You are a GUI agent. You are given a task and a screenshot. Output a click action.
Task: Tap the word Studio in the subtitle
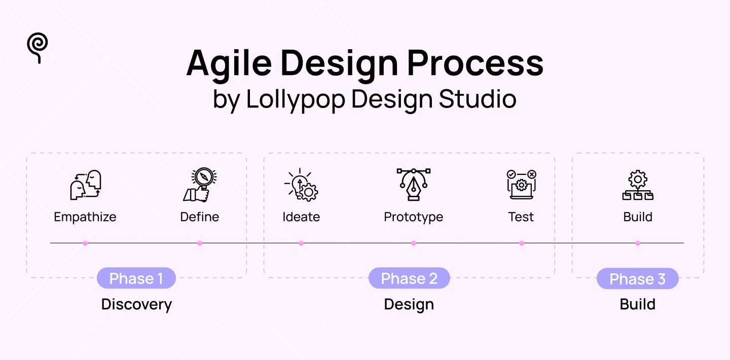(x=478, y=99)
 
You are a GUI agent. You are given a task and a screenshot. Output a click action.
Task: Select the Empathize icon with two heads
(x=85, y=185)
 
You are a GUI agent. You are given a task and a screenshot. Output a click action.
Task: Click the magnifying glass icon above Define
(x=199, y=185)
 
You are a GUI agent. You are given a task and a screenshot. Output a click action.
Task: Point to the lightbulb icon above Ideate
(x=301, y=185)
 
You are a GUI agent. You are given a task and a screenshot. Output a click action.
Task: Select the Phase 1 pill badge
(x=136, y=278)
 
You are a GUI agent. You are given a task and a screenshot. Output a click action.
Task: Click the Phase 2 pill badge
(x=409, y=278)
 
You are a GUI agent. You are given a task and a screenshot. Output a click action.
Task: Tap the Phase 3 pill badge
(x=637, y=279)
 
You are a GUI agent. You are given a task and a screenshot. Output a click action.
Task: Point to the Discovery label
(x=136, y=304)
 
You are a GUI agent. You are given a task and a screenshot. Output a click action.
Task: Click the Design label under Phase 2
(x=409, y=304)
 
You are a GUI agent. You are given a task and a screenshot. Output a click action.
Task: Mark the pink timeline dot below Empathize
(x=85, y=243)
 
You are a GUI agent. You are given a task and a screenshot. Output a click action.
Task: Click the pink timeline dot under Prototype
(x=414, y=243)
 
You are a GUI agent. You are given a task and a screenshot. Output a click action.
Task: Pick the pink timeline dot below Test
(x=522, y=243)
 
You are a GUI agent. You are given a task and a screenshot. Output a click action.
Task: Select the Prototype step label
(x=413, y=217)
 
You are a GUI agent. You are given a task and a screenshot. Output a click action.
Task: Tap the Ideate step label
(x=301, y=217)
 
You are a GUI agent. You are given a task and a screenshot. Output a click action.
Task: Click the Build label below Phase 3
(x=637, y=304)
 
